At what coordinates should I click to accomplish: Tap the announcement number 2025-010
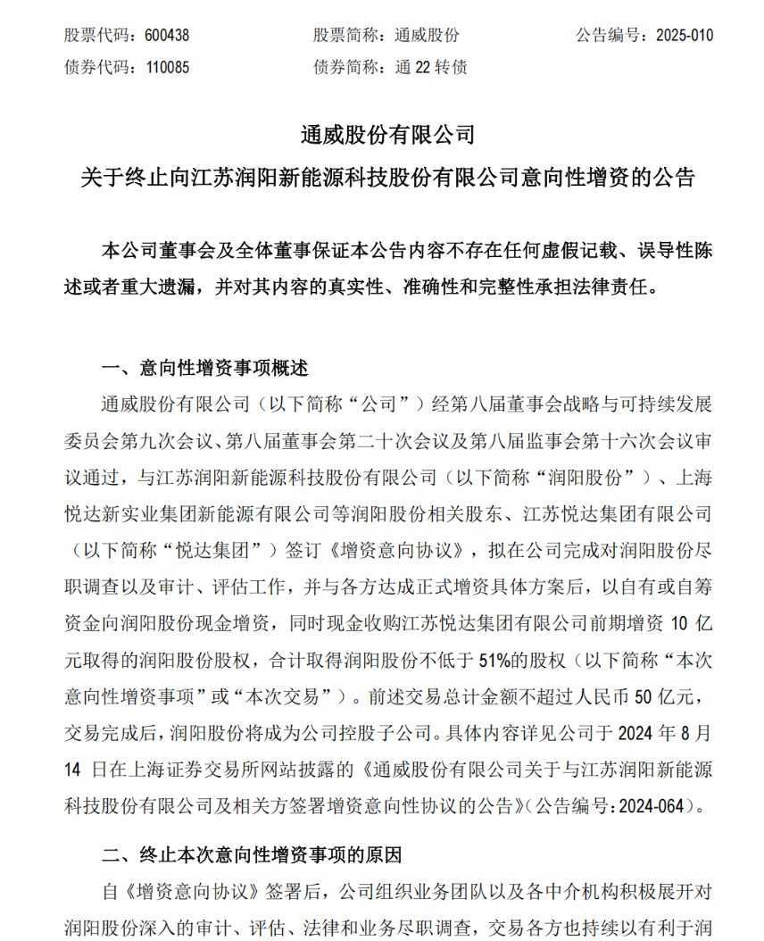point(685,36)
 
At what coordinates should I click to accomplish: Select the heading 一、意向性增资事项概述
point(204,368)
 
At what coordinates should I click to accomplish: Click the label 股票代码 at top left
point(95,36)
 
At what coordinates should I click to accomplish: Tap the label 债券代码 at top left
point(95,67)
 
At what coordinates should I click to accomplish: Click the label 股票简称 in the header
point(345,36)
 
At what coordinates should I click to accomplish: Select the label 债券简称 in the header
point(345,67)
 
